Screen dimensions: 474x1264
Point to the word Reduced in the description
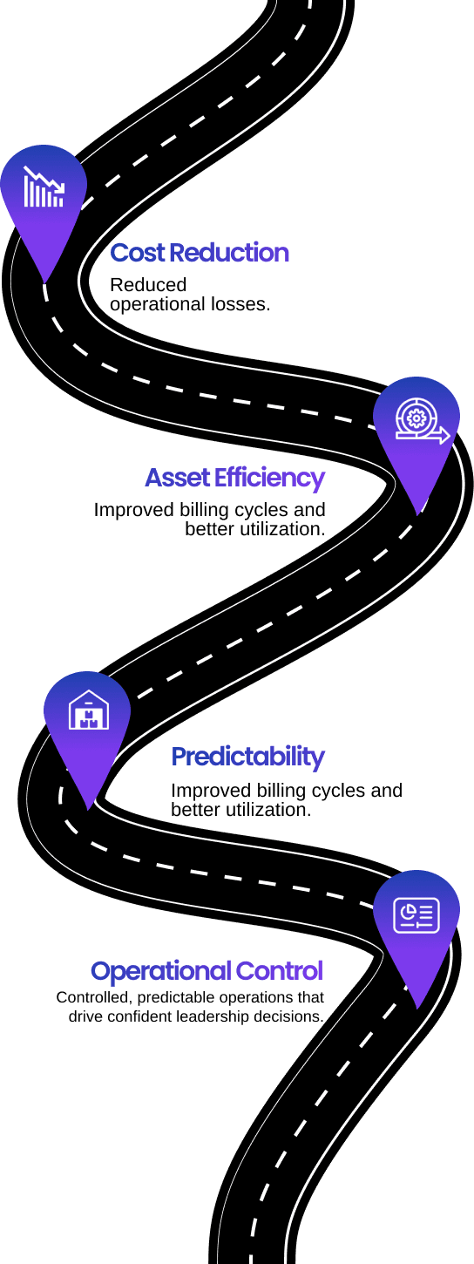click(x=148, y=285)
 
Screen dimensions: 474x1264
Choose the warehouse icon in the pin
click(x=89, y=710)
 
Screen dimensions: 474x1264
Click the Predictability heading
click(x=247, y=758)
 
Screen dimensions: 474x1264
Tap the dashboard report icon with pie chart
click(x=416, y=914)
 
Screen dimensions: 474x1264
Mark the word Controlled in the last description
click(x=95, y=997)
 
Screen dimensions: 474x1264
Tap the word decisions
click(x=290, y=1016)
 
